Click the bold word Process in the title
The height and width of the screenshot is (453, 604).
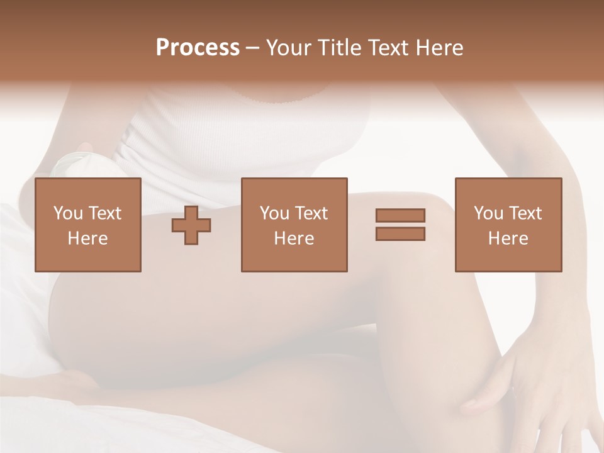point(198,48)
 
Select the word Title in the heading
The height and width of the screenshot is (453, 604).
point(338,48)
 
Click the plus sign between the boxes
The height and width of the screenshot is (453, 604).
point(191,225)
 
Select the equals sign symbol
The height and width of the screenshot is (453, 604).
point(400,225)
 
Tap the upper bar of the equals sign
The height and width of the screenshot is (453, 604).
point(400,216)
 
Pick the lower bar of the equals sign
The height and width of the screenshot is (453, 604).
point(400,233)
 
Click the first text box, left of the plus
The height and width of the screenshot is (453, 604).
point(88,225)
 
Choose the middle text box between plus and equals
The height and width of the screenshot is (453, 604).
point(294,225)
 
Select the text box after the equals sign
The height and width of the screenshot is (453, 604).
point(508,225)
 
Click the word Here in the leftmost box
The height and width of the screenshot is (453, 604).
point(88,238)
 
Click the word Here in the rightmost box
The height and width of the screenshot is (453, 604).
point(508,238)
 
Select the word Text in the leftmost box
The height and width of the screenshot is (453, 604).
point(104,213)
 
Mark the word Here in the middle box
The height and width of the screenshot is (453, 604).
point(294,238)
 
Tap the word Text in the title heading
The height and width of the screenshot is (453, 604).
point(385,48)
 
